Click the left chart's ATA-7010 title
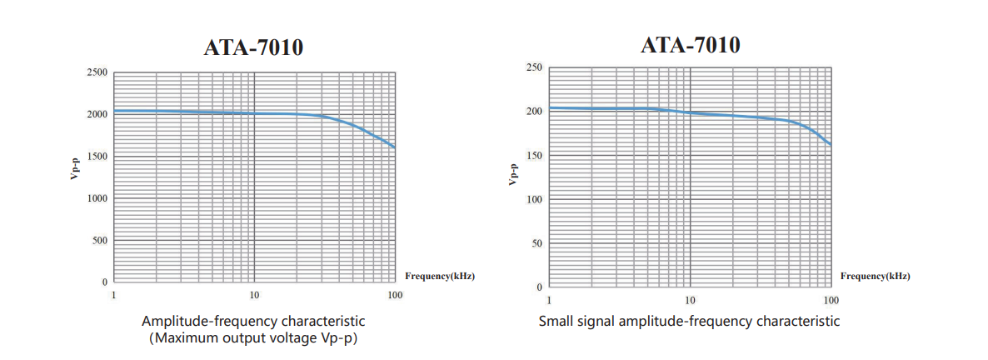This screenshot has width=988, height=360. (x=253, y=48)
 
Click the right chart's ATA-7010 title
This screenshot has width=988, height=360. (x=690, y=44)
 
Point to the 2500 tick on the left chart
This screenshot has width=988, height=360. (x=97, y=72)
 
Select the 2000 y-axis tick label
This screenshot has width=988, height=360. (x=97, y=114)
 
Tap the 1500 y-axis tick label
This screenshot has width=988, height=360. (x=97, y=157)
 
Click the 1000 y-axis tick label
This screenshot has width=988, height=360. (x=97, y=198)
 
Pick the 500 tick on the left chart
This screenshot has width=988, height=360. (x=99, y=240)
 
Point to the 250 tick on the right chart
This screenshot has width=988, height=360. (x=535, y=67)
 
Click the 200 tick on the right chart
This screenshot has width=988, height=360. (x=535, y=111)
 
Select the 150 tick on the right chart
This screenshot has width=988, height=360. (x=535, y=155)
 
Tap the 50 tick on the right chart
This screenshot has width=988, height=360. (x=537, y=243)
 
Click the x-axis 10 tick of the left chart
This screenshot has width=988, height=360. (x=254, y=295)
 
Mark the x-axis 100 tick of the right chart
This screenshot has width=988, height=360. (x=830, y=299)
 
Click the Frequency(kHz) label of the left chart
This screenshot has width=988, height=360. (x=439, y=275)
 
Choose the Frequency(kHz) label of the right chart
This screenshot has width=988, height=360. (x=875, y=276)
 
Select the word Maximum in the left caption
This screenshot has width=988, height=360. (x=187, y=337)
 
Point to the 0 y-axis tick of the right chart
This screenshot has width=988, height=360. (x=540, y=287)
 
